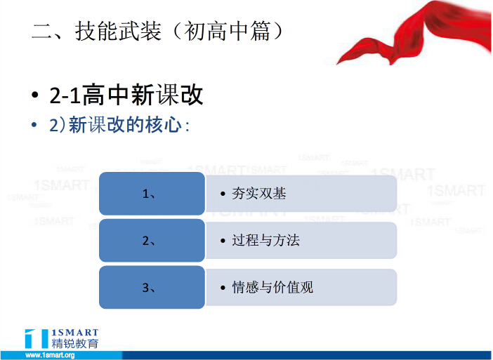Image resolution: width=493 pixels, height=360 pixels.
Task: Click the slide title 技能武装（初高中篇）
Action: pyautogui.click(x=157, y=32)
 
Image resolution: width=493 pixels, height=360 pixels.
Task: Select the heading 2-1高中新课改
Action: pyautogui.click(x=126, y=95)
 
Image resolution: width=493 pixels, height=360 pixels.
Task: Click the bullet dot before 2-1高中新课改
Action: pyautogui.click(x=35, y=95)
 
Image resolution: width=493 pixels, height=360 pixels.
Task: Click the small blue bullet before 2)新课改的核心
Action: pyautogui.click(x=34, y=125)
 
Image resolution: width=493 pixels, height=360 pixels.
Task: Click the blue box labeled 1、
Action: pyautogui.click(x=152, y=193)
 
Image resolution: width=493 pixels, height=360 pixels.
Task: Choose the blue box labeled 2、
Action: pyautogui.click(x=152, y=240)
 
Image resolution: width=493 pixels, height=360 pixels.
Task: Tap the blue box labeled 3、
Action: pyautogui.click(x=152, y=287)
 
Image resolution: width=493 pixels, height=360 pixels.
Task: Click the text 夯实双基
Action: pyautogui.click(x=259, y=194)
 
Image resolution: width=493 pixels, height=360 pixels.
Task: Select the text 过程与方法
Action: pyautogui.click(x=265, y=240)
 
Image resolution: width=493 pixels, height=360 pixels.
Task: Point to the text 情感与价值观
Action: pyautogui.click(x=272, y=287)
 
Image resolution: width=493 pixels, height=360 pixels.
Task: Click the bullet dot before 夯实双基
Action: pyautogui.click(x=223, y=194)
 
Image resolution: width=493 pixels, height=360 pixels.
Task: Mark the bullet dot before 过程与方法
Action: pyautogui.click(x=223, y=241)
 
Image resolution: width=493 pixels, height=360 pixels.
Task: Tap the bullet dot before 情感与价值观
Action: pyautogui.click(x=223, y=288)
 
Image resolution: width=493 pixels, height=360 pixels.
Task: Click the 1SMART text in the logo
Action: pyautogui.click(x=75, y=333)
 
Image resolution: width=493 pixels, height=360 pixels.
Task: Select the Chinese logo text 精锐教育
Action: pyautogui.click(x=75, y=343)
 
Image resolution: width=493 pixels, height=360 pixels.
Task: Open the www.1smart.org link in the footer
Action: pyautogui.click(x=51, y=355)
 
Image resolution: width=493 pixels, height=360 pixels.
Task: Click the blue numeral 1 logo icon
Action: pyautogui.click(x=37, y=339)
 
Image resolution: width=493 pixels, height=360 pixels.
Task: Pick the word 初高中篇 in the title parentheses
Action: pyautogui.click(x=227, y=32)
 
